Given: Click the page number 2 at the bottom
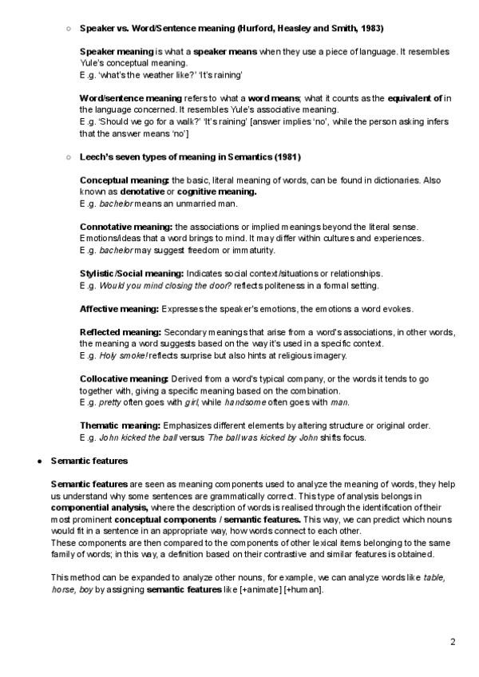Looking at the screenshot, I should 453,641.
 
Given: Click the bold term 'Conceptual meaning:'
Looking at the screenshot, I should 125,180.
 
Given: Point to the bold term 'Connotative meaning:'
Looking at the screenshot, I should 126,227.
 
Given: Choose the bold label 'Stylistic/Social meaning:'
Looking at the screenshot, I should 132,273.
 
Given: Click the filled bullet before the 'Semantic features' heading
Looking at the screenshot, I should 40,461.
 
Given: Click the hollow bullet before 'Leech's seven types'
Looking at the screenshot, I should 69,156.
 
